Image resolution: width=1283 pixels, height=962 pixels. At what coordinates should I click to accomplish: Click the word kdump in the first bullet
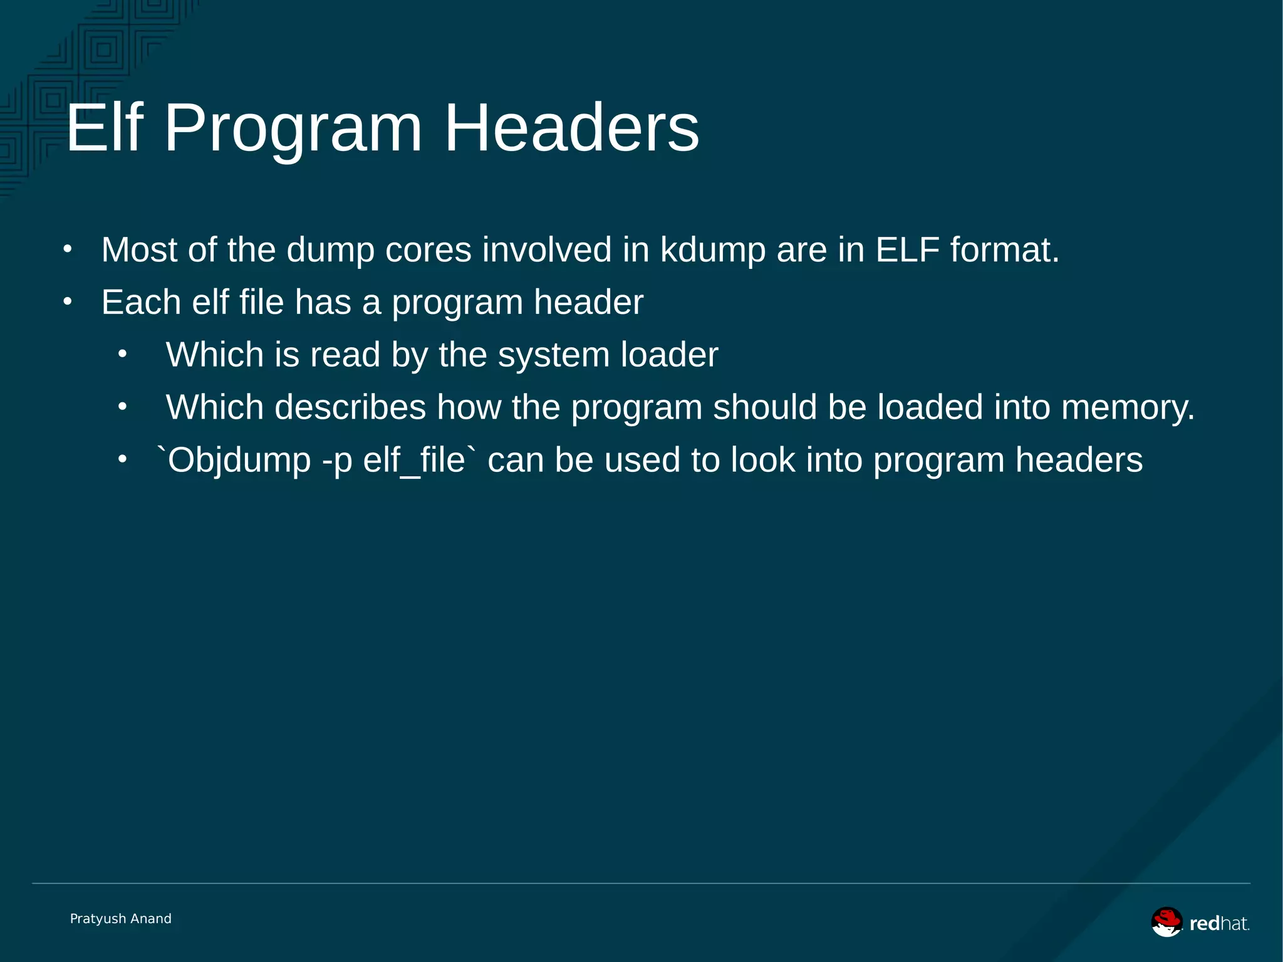click(713, 250)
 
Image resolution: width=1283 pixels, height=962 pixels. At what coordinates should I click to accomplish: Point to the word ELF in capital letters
click(907, 250)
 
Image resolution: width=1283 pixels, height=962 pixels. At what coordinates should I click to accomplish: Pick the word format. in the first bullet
click(1004, 250)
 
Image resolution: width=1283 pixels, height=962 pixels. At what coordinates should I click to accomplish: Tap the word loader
click(669, 355)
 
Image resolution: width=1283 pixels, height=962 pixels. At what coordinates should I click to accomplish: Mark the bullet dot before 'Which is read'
click(122, 355)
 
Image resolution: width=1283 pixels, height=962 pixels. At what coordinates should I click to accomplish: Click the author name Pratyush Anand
click(120, 919)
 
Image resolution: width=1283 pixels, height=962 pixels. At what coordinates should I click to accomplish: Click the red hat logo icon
click(1166, 922)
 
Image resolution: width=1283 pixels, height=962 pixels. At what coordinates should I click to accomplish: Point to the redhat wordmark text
click(1218, 923)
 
